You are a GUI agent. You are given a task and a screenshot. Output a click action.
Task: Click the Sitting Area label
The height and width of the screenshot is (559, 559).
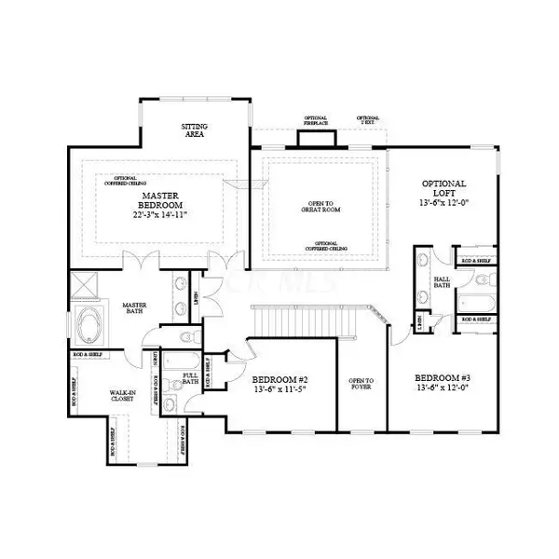[x=194, y=130]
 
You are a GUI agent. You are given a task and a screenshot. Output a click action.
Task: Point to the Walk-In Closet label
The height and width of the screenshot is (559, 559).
[x=121, y=398]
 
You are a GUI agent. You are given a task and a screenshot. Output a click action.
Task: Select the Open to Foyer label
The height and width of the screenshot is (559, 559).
[x=361, y=384]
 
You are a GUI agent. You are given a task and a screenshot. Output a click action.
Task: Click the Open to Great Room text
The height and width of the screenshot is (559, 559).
[x=320, y=207]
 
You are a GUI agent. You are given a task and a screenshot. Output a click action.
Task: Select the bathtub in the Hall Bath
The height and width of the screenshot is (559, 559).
[x=474, y=302]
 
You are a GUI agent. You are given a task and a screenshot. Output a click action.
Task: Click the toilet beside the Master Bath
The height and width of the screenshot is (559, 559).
[x=185, y=336]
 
